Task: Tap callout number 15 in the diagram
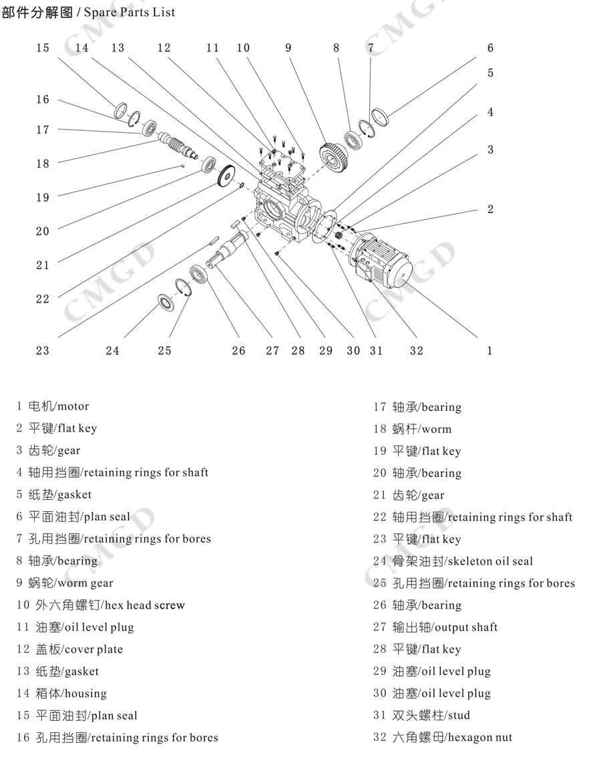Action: pos(43,48)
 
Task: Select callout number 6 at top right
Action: pos(490,48)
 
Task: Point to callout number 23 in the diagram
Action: pos(43,351)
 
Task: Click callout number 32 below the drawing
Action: pos(416,351)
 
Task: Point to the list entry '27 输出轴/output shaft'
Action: pos(435,627)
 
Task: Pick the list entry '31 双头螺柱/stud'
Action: pos(421,716)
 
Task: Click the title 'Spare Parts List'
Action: pos(130,12)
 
